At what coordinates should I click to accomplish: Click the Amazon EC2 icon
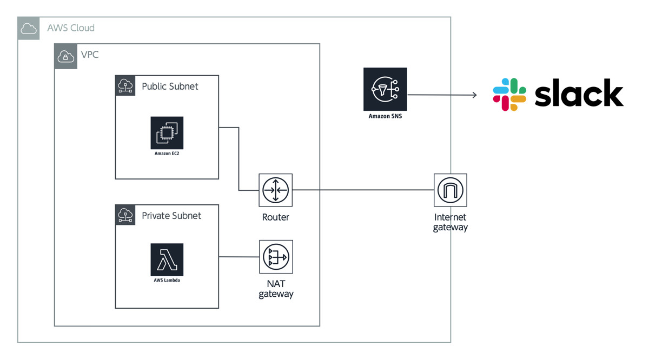(167, 132)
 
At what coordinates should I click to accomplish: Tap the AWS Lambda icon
(167, 259)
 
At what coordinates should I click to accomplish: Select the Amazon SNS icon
(385, 89)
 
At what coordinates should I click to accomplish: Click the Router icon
(276, 190)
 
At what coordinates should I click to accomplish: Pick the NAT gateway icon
(276, 257)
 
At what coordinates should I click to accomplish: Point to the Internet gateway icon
(450, 190)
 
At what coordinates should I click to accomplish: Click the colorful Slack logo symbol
(509, 95)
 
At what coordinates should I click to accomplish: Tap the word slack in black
(579, 94)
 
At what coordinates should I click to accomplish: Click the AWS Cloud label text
(71, 28)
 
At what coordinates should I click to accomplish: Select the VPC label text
(90, 55)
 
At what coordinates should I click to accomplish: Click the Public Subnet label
(170, 86)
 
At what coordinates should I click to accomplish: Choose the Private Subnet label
(171, 215)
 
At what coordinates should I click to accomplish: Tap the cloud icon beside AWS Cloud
(29, 28)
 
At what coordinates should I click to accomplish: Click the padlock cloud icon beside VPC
(65, 56)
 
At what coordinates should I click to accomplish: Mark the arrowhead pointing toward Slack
(474, 95)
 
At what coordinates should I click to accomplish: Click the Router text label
(276, 217)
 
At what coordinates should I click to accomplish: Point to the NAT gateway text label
(276, 289)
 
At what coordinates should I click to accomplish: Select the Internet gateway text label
(450, 222)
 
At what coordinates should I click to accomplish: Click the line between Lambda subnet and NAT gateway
(239, 257)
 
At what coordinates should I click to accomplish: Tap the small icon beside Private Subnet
(125, 215)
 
